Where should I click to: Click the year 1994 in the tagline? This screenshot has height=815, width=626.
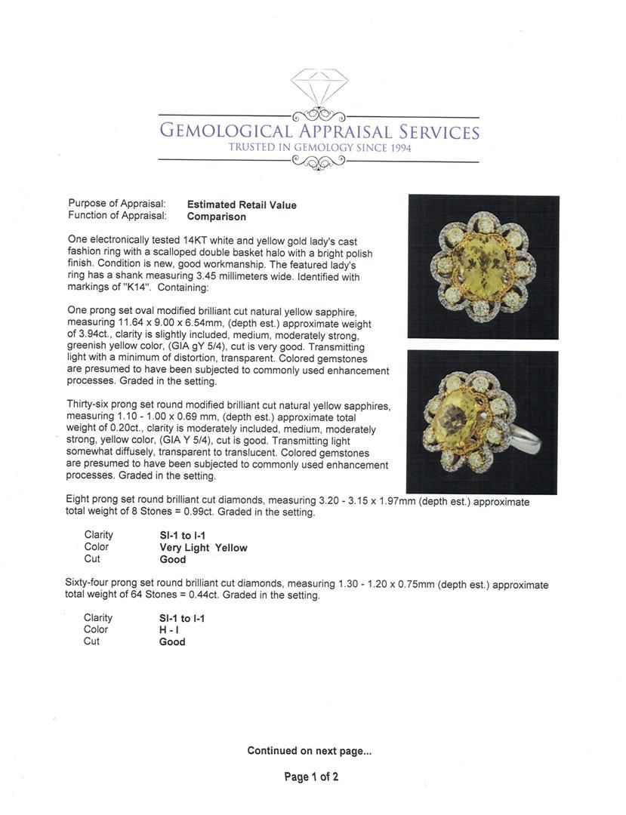point(397,148)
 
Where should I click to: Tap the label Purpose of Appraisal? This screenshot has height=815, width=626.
point(117,205)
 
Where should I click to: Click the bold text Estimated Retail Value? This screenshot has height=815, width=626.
point(242,205)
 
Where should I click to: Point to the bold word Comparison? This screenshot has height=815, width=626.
point(216,217)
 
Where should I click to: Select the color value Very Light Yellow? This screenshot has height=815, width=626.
point(203,548)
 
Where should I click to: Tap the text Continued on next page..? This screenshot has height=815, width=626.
point(310,751)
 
